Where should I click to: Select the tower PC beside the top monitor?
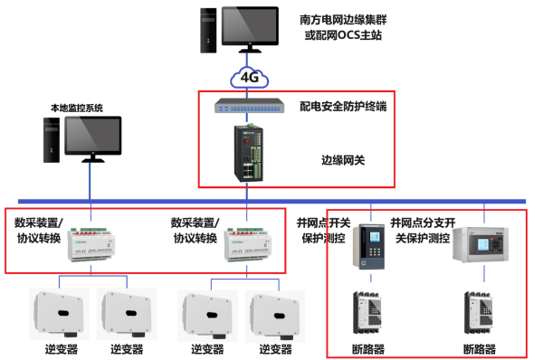tap(208, 31)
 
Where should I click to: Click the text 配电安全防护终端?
tap(343, 106)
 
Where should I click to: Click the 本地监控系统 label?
tap(77, 108)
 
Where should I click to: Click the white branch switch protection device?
tap(486, 244)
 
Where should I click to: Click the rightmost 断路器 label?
tap(481, 348)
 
